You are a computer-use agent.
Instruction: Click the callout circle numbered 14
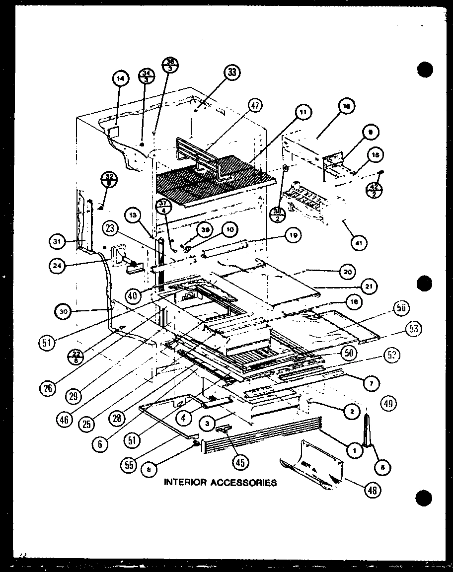pos(120,78)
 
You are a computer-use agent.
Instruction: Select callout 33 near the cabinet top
pos(230,73)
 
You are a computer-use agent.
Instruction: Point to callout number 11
pos(302,113)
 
